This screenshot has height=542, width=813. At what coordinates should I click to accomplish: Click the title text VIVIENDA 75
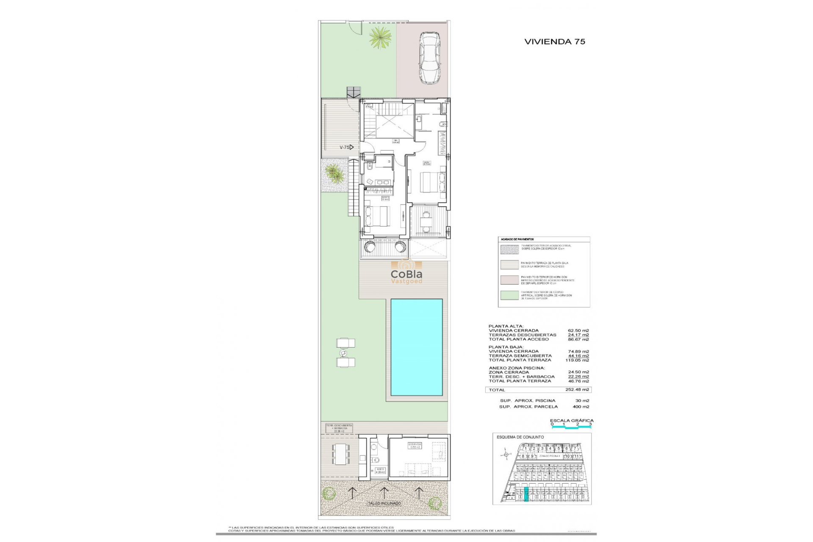pos(555,41)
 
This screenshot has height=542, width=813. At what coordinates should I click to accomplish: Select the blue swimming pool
pos(416,347)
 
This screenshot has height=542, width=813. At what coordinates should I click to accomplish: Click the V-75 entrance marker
pos(346,147)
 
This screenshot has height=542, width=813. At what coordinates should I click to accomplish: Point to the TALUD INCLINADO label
pos(384,503)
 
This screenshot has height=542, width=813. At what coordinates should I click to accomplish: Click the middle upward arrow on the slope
pos(384,492)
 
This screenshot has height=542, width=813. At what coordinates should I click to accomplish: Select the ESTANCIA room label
pos(414,445)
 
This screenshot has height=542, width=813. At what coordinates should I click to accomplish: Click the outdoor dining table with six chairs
pos(341,454)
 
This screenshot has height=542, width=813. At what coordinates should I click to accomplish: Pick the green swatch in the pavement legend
pos(509,295)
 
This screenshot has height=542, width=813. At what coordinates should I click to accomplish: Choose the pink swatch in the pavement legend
pos(509,280)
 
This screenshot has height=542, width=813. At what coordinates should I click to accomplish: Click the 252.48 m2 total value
pos(577,390)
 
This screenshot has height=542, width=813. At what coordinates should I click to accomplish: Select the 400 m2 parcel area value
pos(580,406)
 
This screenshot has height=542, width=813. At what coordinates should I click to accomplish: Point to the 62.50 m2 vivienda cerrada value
pos(578,330)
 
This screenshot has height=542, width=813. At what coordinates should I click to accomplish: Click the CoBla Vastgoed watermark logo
pos(406,274)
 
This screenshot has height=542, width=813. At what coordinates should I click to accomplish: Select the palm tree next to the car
pos(379,37)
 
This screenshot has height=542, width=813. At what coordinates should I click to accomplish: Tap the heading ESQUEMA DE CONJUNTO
pos(520,437)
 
